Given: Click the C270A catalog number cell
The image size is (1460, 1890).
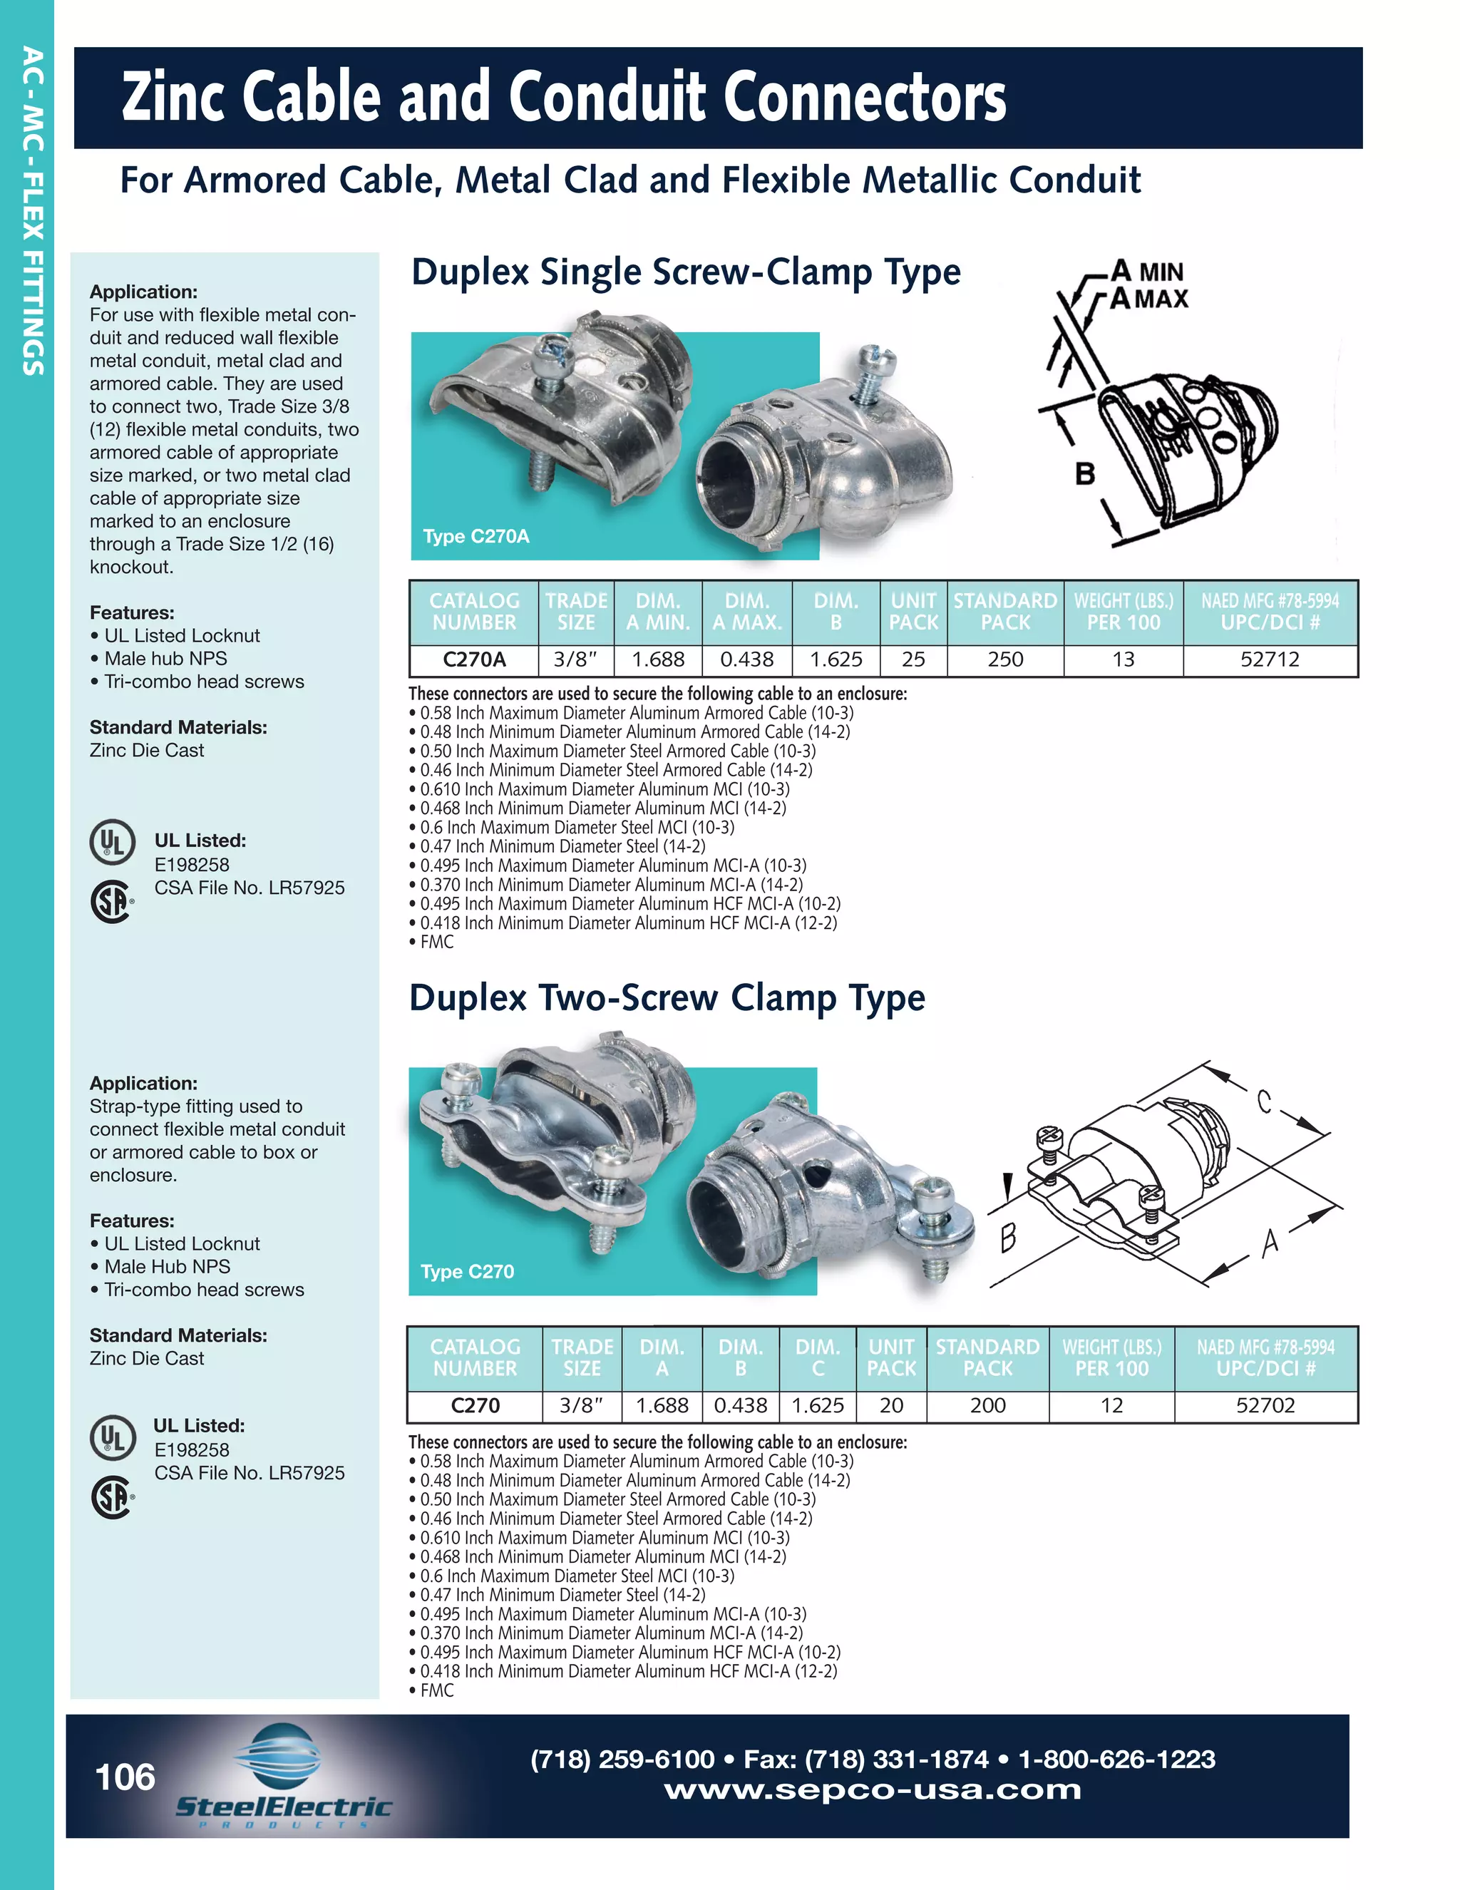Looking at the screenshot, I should pyautogui.click(x=474, y=659).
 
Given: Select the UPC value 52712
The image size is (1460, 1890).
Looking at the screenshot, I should pyautogui.click(x=1270, y=659).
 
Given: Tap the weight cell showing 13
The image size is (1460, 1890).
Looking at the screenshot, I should pyautogui.click(x=1123, y=659).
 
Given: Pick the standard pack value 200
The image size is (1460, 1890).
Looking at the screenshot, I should pyautogui.click(x=987, y=1405).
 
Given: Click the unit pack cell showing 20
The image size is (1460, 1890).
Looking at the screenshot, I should pyautogui.click(x=891, y=1405).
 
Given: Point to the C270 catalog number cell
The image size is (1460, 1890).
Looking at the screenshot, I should pyautogui.click(x=475, y=1405).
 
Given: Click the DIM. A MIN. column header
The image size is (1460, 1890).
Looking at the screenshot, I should pyautogui.click(x=658, y=612).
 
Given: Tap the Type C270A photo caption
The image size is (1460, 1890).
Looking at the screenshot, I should pyautogui.click(x=476, y=537).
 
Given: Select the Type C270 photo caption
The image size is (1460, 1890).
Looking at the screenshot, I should pyautogui.click(x=468, y=1271).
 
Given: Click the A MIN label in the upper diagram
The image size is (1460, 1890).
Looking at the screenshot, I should pyautogui.click(x=1147, y=271).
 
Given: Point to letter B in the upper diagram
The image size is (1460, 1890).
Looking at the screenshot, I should pyautogui.click(x=1084, y=474).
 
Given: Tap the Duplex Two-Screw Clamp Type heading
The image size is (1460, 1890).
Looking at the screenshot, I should pyautogui.click(x=667, y=998).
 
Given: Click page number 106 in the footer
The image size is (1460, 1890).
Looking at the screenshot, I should pyautogui.click(x=125, y=1777).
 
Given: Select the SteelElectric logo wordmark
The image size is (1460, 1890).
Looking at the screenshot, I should pyautogui.click(x=283, y=1806).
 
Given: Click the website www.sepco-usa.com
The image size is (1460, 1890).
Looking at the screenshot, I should pyautogui.click(x=873, y=1789).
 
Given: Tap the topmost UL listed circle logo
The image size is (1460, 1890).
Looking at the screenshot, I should pyautogui.click(x=112, y=841).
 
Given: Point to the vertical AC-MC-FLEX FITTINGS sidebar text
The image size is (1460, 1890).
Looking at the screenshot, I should pyautogui.click(x=33, y=211).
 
